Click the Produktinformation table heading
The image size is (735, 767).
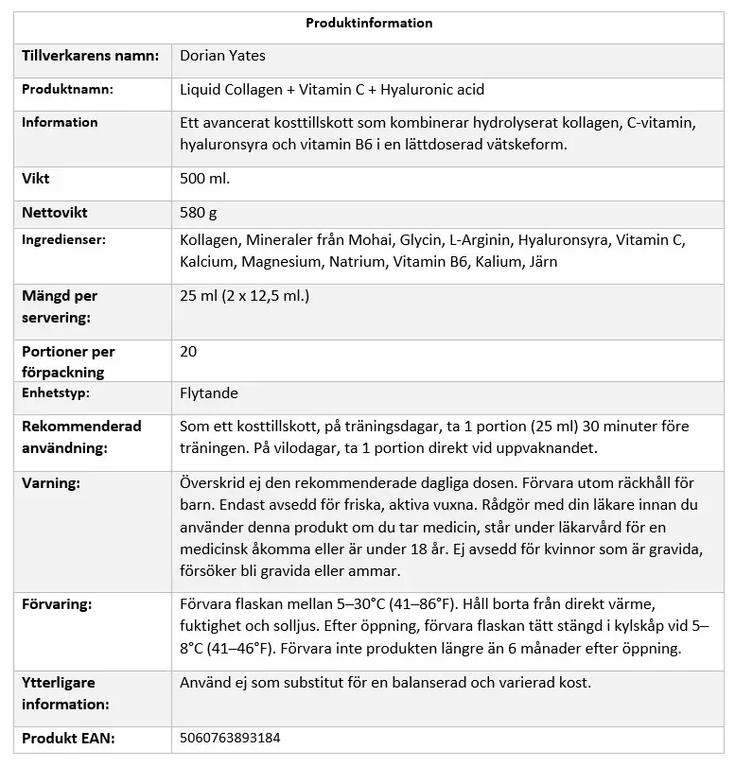point(369,23)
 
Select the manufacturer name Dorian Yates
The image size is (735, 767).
point(222,56)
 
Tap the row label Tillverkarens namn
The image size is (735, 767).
point(90,56)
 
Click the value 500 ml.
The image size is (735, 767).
point(204,178)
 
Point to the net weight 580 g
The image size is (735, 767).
point(199,213)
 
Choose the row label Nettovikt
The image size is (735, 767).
point(55,213)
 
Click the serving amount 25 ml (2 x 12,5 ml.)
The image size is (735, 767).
point(244,296)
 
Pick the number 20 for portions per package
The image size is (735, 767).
point(188,352)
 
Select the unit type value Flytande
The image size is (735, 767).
point(209,392)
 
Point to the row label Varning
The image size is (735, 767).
point(51,482)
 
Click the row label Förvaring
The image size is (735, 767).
point(57,602)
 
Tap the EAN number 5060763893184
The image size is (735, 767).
point(230,738)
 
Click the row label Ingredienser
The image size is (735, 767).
point(63,240)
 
